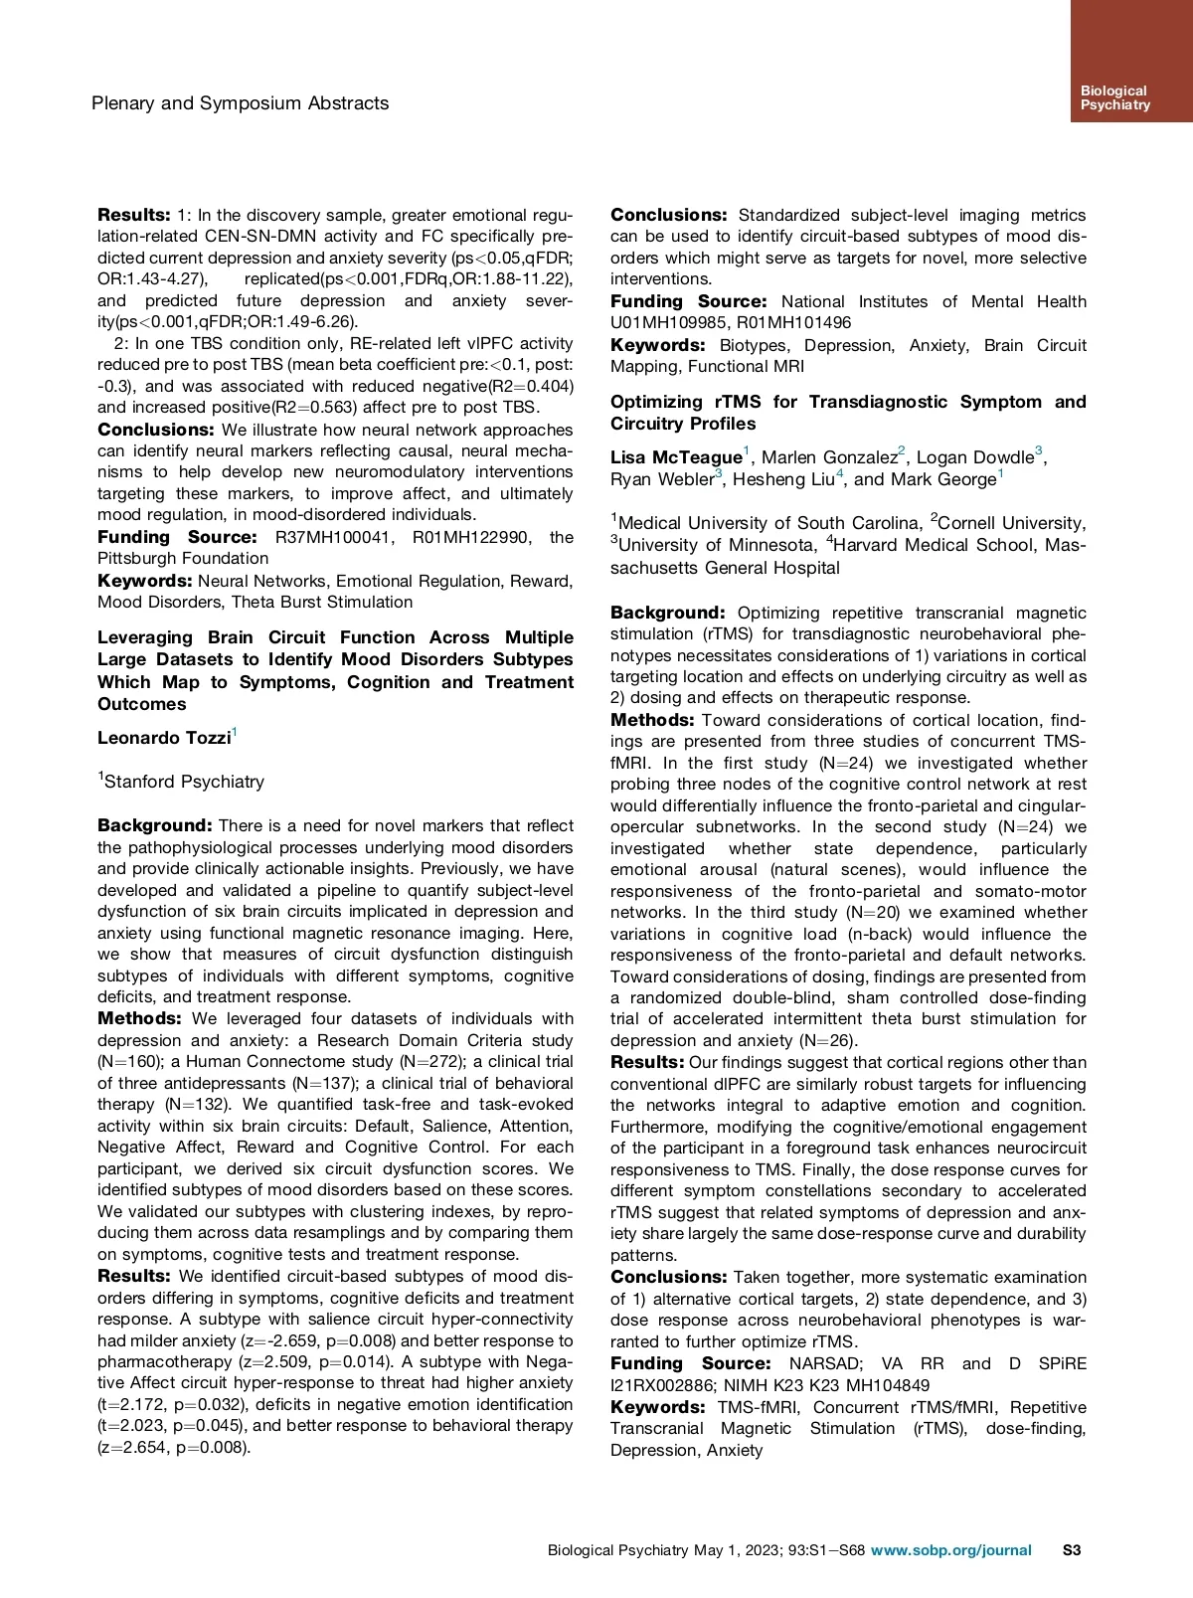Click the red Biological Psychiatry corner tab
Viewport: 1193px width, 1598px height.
click(1130, 62)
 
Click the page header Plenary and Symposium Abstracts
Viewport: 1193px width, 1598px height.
click(240, 103)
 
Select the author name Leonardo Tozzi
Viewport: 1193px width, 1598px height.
click(164, 738)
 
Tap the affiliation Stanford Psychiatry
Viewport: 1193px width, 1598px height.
click(184, 782)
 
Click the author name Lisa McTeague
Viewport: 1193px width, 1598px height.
click(676, 457)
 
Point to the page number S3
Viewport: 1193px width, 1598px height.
click(1071, 1550)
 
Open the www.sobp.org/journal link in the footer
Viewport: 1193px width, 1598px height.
click(950, 1550)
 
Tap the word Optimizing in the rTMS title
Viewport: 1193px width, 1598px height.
click(655, 402)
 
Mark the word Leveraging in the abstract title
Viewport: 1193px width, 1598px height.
click(145, 637)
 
